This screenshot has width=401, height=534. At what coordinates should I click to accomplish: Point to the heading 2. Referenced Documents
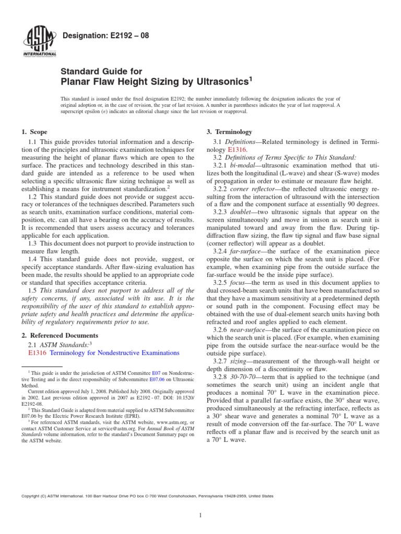click(x=60, y=335)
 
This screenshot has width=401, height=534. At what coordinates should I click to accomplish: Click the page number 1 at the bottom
click(x=200, y=516)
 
